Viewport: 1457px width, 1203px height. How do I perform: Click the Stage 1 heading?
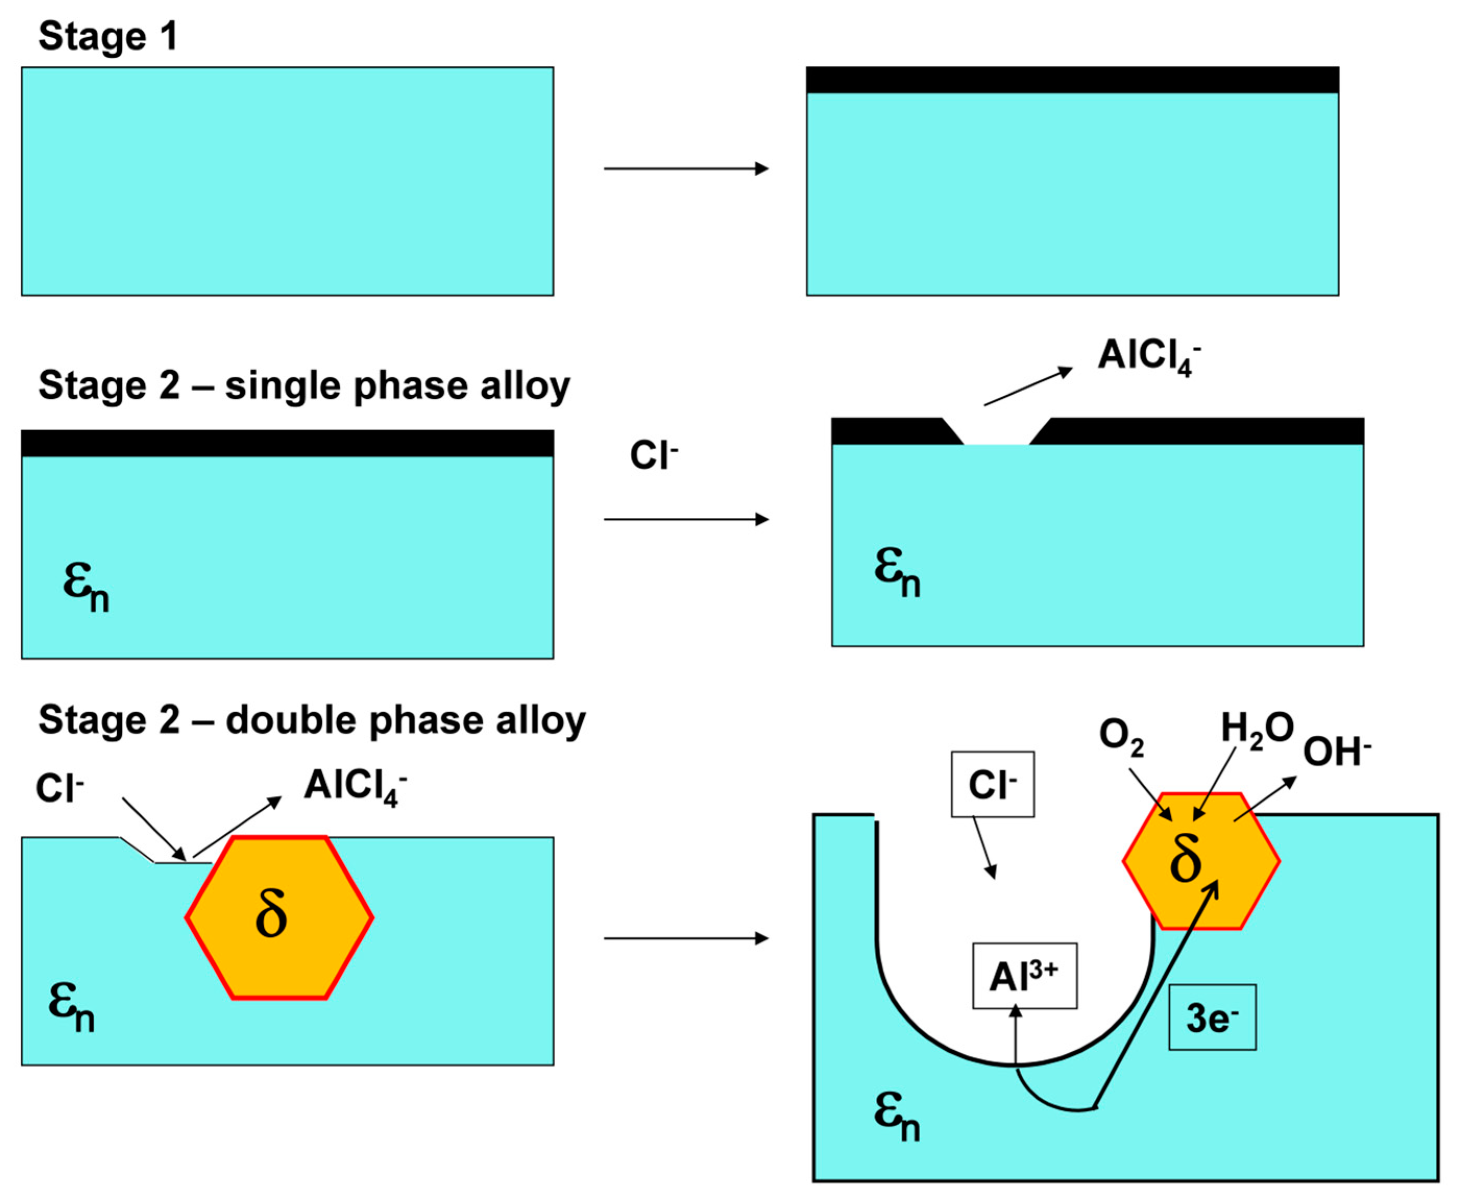pyautogui.click(x=108, y=36)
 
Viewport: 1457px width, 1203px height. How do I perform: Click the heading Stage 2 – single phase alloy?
pyautogui.click(x=303, y=385)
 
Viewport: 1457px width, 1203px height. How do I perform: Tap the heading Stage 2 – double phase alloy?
pyautogui.click(x=312, y=720)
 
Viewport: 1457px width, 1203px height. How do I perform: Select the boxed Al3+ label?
pyautogui.click(x=1024, y=976)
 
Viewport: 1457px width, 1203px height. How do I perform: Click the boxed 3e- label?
pyautogui.click(x=1212, y=1018)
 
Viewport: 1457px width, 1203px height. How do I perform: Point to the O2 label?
pyautogui.click(x=1121, y=736)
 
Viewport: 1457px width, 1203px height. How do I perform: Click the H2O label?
pyautogui.click(x=1257, y=730)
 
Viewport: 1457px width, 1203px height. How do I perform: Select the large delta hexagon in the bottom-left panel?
pyautogui.click(x=279, y=917)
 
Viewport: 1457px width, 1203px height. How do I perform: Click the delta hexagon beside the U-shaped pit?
pyautogui.click(x=1201, y=861)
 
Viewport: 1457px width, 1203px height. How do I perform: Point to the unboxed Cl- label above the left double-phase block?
pyautogui.click(x=59, y=788)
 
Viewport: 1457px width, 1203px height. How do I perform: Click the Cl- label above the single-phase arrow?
pyautogui.click(x=653, y=456)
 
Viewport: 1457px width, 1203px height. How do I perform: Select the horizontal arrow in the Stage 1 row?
pyautogui.click(x=686, y=168)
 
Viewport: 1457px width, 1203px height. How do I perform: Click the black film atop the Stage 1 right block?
pyautogui.click(x=1072, y=80)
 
